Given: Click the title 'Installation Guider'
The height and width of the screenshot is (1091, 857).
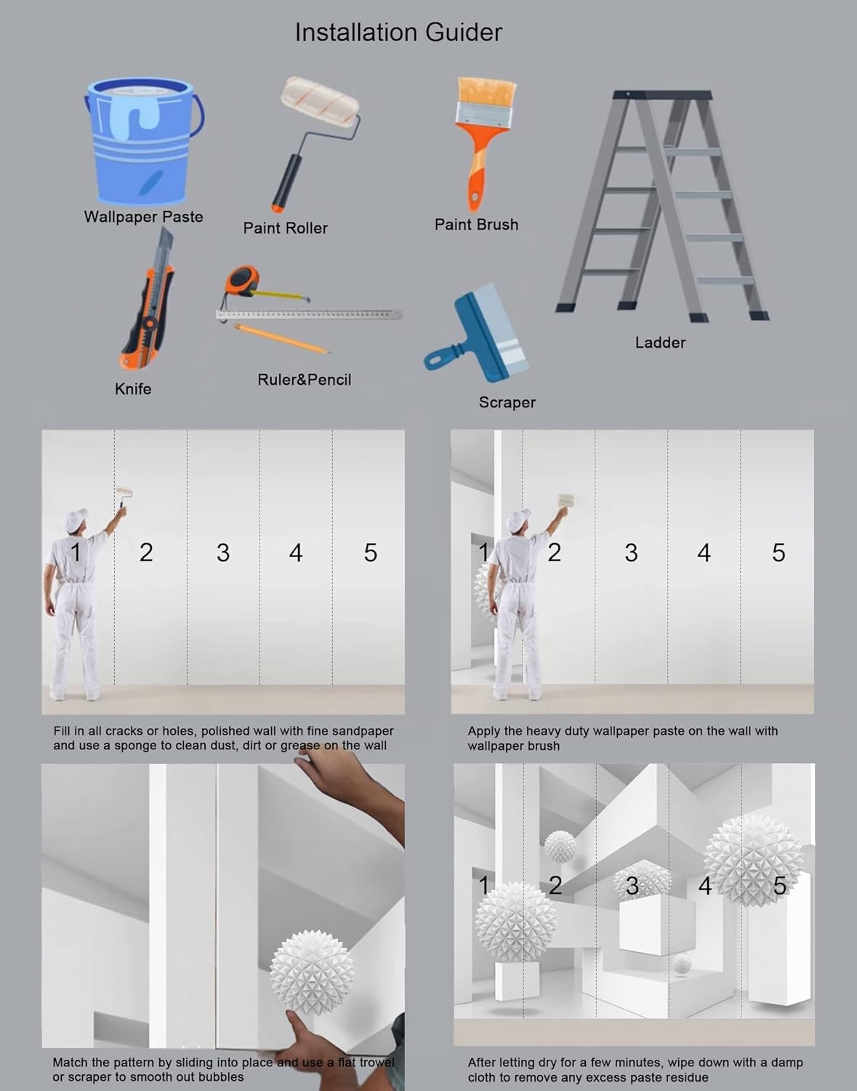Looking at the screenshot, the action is pyautogui.click(x=398, y=33).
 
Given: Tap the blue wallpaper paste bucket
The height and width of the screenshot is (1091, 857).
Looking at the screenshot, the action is pyautogui.click(x=144, y=140).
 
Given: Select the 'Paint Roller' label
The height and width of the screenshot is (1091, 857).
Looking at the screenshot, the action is pyautogui.click(x=285, y=228).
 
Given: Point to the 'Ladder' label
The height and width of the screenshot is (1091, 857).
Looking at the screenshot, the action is pyautogui.click(x=660, y=343).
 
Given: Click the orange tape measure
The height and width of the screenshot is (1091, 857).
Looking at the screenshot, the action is pyautogui.click(x=244, y=281).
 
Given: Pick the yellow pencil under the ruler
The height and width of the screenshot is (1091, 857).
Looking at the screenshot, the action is pyautogui.click(x=281, y=339).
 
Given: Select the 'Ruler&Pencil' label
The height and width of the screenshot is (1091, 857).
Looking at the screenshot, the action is pyautogui.click(x=304, y=380).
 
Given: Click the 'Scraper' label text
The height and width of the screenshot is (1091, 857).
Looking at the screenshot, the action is pyautogui.click(x=507, y=402).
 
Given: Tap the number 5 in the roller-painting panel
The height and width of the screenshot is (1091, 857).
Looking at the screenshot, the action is pyautogui.click(x=370, y=552).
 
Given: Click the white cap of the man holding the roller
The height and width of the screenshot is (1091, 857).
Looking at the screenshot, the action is pyautogui.click(x=76, y=519).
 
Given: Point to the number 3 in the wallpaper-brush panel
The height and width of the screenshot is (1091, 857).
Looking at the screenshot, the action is pyautogui.click(x=631, y=552).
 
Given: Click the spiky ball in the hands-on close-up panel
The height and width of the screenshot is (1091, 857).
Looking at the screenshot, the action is pyautogui.click(x=312, y=972).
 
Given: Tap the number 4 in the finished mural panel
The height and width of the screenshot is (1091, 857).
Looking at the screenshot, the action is pyautogui.click(x=705, y=886).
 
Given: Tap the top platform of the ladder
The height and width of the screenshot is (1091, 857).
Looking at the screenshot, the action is pyautogui.click(x=661, y=95).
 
